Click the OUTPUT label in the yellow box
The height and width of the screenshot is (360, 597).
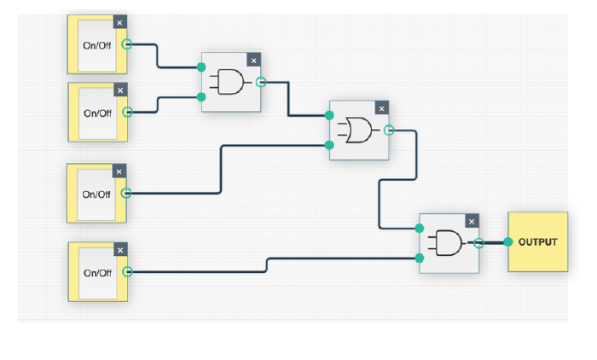pos(537,242)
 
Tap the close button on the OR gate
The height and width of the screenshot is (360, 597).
pos(381,108)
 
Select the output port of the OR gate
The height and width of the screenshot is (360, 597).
pos(389,131)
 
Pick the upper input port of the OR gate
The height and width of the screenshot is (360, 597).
pos(329,115)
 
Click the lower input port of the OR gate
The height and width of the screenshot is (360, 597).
pos(329,145)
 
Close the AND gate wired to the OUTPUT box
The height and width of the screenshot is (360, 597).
pos(472,221)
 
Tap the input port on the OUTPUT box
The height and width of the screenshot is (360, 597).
pos(508,242)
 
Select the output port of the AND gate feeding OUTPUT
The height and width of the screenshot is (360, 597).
pos(479,243)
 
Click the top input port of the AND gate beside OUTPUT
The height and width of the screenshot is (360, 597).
pos(420,228)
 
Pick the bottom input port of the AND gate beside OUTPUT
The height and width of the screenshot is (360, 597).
pos(420,258)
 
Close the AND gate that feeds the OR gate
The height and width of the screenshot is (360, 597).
pos(253,61)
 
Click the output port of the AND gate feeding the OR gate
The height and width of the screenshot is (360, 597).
pos(261,82)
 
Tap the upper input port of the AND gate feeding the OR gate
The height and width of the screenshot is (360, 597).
pos(201,67)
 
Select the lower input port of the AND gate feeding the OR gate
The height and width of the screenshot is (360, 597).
pos(201,97)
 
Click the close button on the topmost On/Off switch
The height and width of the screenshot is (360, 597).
pos(119,22)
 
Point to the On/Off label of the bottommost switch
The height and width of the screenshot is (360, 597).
pos(97,273)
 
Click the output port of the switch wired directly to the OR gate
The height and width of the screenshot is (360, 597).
pos(126,193)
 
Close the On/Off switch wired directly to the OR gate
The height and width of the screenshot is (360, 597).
pos(119,171)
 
